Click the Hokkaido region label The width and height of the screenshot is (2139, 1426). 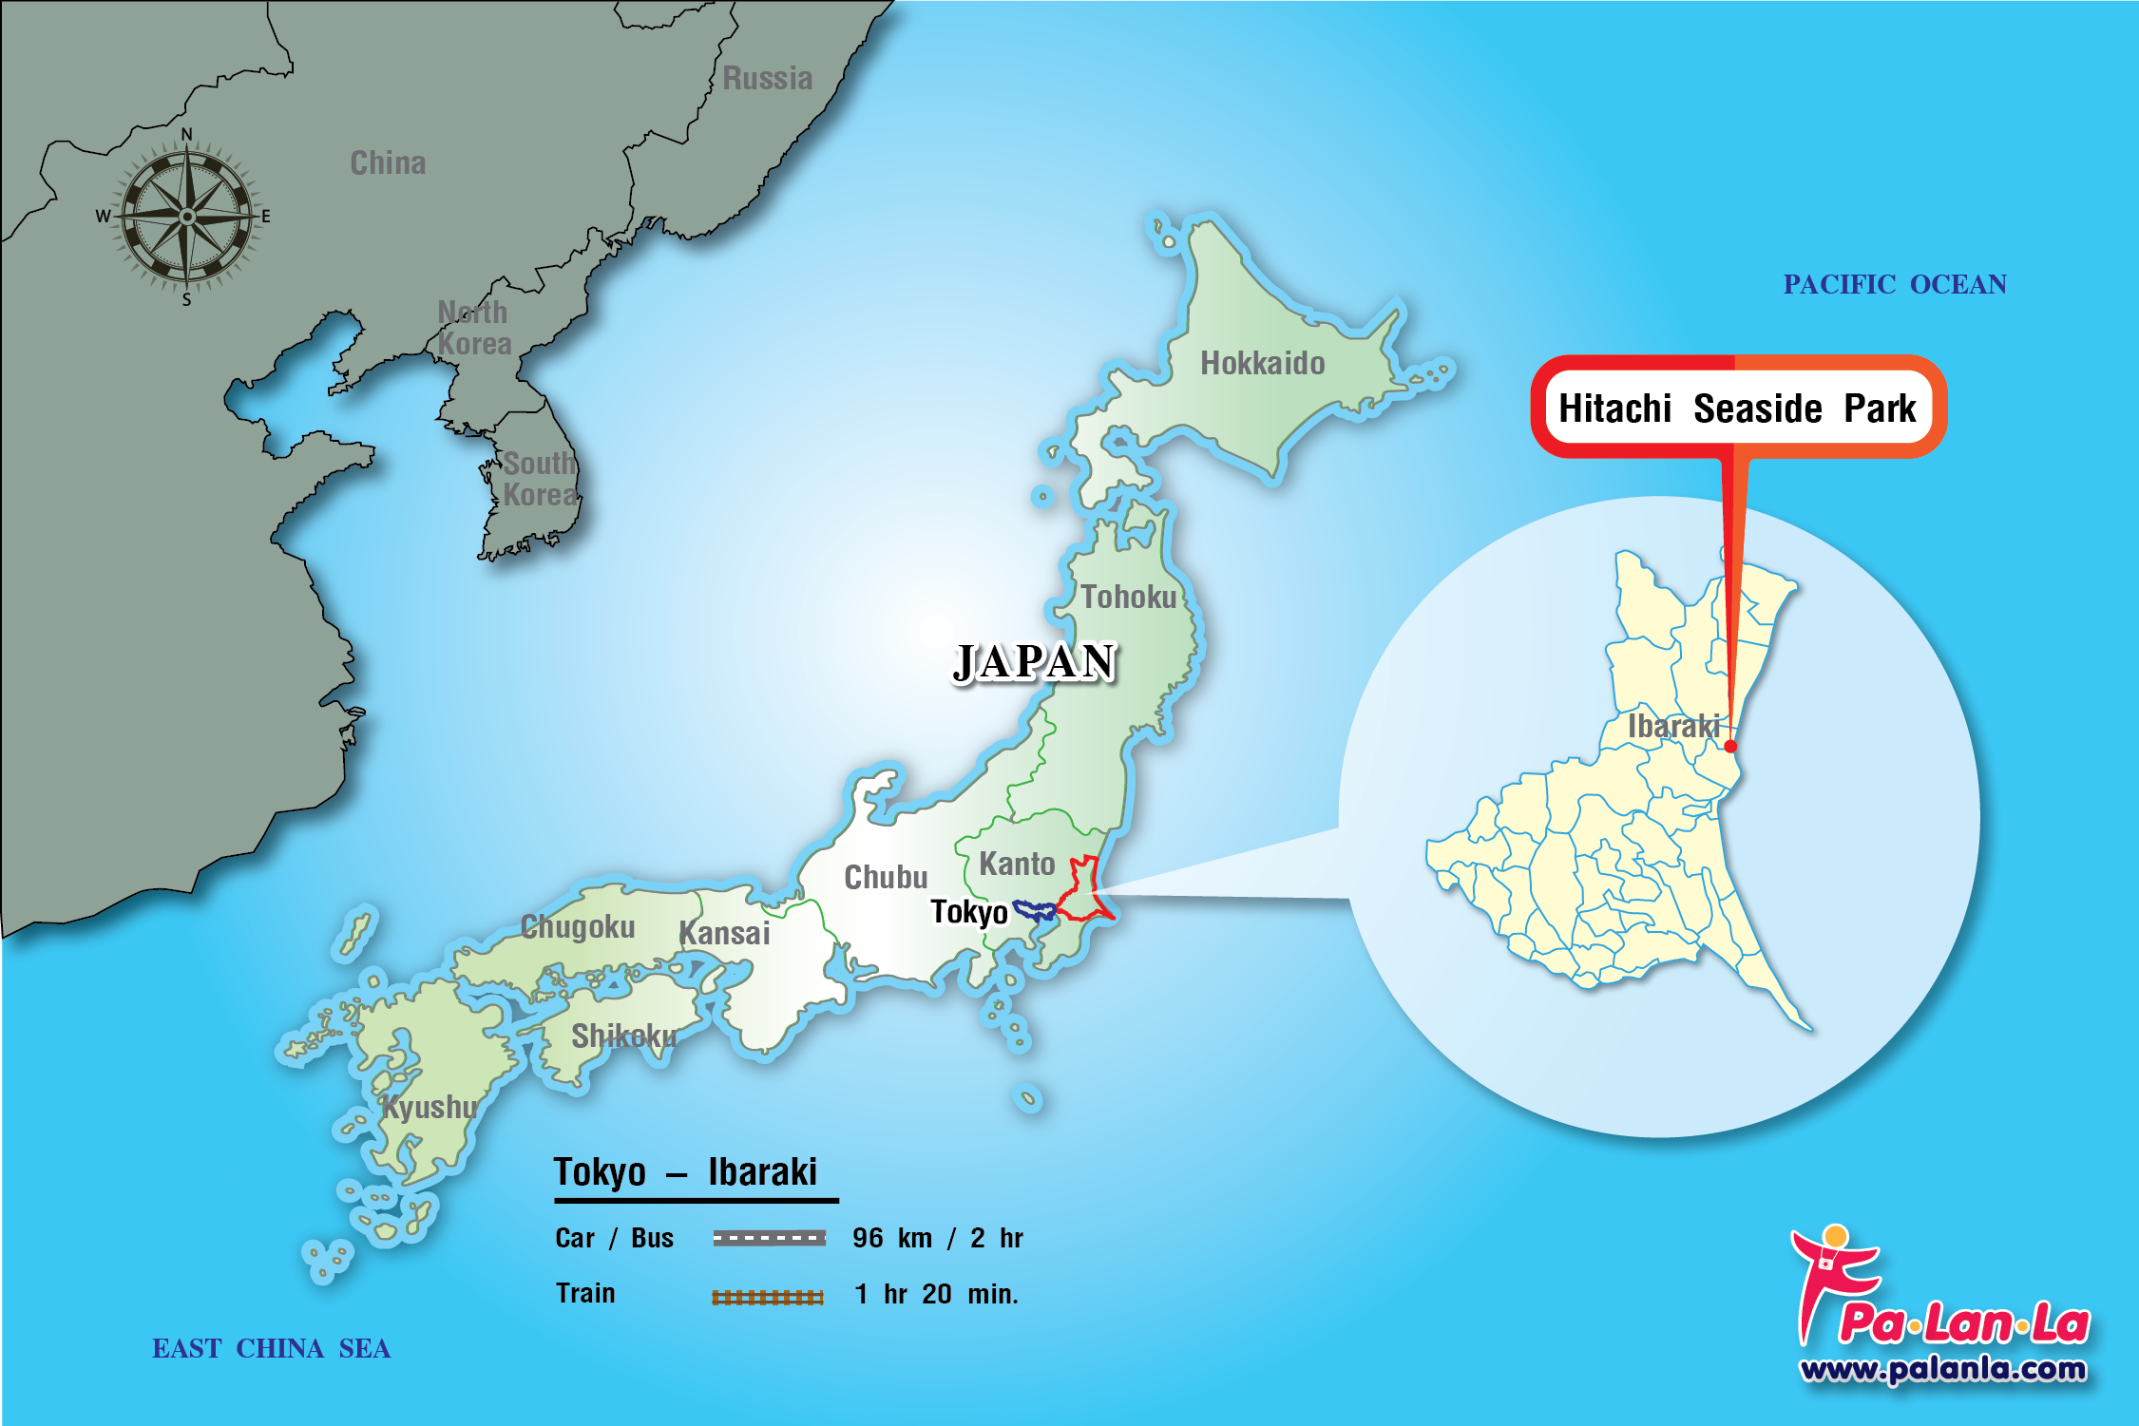pyautogui.click(x=1262, y=363)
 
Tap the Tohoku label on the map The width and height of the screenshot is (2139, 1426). pyautogui.click(x=1129, y=597)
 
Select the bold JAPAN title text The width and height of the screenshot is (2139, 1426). pyautogui.click(x=1035, y=662)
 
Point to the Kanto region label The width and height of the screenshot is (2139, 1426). pyautogui.click(x=1017, y=864)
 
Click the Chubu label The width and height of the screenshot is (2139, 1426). pyautogui.click(x=886, y=877)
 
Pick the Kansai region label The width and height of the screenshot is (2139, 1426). pyautogui.click(x=724, y=933)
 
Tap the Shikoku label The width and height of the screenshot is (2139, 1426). pyautogui.click(x=623, y=1036)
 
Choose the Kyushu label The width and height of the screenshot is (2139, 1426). pyautogui.click(x=429, y=1107)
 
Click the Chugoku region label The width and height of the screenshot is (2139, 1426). pyautogui.click(x=578, y=926)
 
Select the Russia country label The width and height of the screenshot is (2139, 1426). pyautogui.click(x=768, y=78)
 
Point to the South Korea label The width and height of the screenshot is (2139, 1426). pyautogui.click(x=540, y=479)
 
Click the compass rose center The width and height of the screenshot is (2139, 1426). pyautogui.click(x=187, y=217)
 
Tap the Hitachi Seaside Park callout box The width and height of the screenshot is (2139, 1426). pyautogui.click(x=1737, y=409)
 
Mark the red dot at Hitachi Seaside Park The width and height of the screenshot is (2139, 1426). pyautogui.click(x=1730, y=747)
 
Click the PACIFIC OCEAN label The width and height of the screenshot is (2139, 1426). pyautogui.click(x=1895, y=284)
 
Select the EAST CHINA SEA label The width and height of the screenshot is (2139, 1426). pyautogui.click(x=272, y=1348)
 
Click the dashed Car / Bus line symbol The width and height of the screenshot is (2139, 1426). pyautogui.click(x=769, y=1238)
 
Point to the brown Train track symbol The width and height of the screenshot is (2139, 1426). pyautogui.click(x=767, y=1297)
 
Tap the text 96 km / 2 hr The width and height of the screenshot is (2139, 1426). pyautogui.click(x=937, y=1238)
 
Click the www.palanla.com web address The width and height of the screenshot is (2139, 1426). pyautogui.click(x=1942, y=1369)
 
